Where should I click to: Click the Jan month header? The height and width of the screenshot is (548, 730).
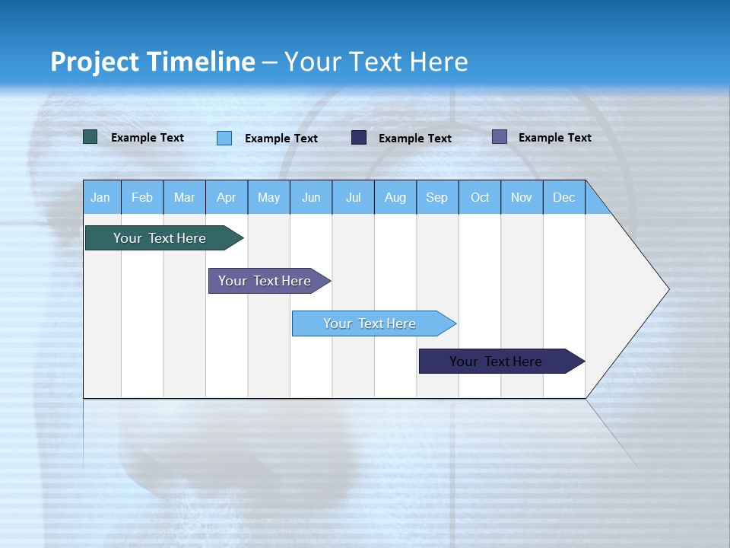click(x=101, y=197)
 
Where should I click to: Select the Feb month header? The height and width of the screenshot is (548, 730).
click(x=142, y=197)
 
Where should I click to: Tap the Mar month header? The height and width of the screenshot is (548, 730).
click(x=184, y=197)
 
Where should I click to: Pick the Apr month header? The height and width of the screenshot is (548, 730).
click(x=227, y=197)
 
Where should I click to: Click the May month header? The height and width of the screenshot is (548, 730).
click(x=268, y=197)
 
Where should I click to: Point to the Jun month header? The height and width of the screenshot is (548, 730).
click(x=311, y=197)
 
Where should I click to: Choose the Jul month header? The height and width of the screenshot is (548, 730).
click(x=353, y=197)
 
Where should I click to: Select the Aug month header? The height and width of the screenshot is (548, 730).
click(x=395, y=197)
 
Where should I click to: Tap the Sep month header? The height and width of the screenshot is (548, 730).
click(x=437, y=197)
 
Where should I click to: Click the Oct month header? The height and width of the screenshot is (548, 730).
click(x=480, y=197)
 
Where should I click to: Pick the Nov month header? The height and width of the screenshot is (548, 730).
click(x=522, y=197)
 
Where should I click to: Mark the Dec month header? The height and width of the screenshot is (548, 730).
click(x=564, y=197)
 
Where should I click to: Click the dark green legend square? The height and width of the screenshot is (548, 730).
click(x=90, y=137)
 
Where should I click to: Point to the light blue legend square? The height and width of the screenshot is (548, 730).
click(x=224, y=138)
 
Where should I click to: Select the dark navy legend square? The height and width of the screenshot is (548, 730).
click(x=359, y=137)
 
